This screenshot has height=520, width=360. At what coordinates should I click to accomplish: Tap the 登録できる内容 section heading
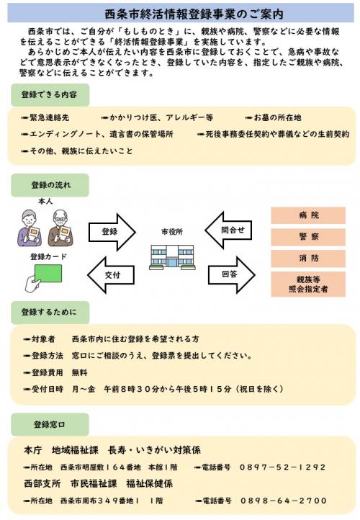(x=50, y=94)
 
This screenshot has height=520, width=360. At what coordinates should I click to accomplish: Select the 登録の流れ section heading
(x=50, y=186)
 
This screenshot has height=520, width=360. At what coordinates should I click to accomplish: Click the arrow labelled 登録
(x=112, y=232)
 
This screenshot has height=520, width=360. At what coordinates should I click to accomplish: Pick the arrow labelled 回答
(x=233, y=274)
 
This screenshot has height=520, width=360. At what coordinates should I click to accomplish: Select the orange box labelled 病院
(x=308, y=216)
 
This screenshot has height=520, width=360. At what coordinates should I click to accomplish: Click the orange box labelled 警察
(x=308, y=237)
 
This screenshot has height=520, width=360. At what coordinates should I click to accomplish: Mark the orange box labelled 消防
(x=308, y=259)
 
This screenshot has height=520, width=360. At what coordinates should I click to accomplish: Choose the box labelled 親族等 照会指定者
(x=308, y=284)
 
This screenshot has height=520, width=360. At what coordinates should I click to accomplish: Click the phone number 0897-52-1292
(x=282, y=467)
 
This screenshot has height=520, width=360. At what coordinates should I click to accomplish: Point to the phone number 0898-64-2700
(x=283, y=501)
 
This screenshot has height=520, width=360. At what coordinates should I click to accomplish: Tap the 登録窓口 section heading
(x=50, y=423)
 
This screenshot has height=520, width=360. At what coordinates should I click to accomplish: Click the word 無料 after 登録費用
(x=79, y=372)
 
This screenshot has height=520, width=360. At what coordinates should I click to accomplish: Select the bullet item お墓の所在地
(x=277, y=117)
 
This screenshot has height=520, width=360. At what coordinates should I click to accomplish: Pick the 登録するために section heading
(x=50, y=313)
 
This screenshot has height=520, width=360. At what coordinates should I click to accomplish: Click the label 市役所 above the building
(x=172, y=233)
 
